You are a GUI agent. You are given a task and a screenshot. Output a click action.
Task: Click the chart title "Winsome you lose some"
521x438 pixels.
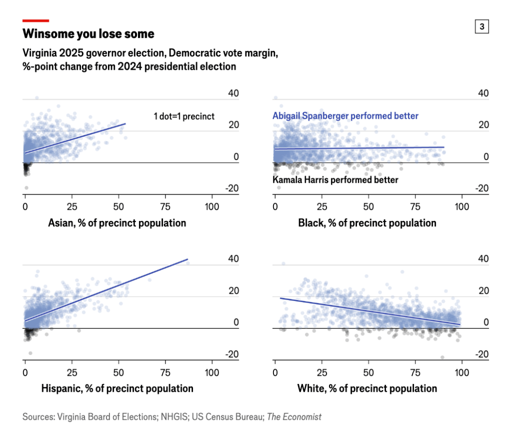pyautogui.click(x=88, y=34)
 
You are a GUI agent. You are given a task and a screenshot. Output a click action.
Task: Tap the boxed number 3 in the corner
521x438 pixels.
pyautogui.click(x=482, y=26)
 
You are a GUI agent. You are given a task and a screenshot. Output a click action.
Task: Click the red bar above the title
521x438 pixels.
pyautogui.click(x=36, y=21)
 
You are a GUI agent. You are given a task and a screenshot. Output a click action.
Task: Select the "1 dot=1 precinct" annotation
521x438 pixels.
pyautogui.click(x=184, y=117)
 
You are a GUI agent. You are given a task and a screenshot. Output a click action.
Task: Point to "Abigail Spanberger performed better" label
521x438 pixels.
pyautogui.click(x=345, y=116)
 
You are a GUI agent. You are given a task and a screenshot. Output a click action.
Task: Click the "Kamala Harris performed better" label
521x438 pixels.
pyautogui.click(x=336, y=180)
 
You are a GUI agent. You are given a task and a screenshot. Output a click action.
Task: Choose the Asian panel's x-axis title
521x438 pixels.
pyautogui.click(x=117, y=223)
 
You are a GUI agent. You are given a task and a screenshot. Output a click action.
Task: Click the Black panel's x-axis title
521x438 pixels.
pyautogui.click(x=367, y=223)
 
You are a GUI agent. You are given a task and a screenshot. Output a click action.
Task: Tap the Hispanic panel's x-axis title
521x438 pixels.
pyautogui.click(x=117, y=389)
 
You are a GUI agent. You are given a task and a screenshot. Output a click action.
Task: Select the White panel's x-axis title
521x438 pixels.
pyautogui.click(x=367, y=389)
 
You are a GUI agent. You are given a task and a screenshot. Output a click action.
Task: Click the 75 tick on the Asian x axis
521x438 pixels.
pyautogui.click(x=166, y=207)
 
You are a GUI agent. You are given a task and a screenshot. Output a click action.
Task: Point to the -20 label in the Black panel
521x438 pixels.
pyautogui.click(x=482, y=188)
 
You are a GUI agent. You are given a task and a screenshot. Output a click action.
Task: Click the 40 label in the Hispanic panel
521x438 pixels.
pyautogui.click(x=233, y=259)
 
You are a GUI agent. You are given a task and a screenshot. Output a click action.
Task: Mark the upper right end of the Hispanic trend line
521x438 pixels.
pyautogui.click(x=188, y=259)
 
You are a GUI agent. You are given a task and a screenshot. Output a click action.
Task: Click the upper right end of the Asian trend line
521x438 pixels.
pyautogui.click(x=125, y=123)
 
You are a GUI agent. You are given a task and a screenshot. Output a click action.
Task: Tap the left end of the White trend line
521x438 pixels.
pyautogui.click(x=281, y=298)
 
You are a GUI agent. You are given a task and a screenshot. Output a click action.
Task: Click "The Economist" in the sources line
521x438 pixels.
pyautogui.click(x=294, y=417)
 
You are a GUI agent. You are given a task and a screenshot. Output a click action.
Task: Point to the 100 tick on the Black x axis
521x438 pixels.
pyautogui.click(x=462, y=207)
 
